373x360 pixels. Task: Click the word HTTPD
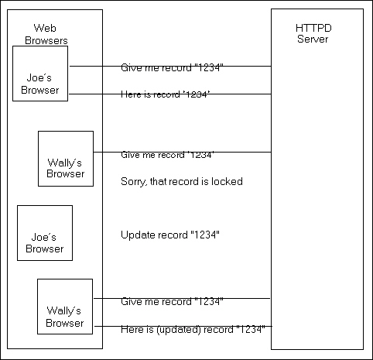tap(313, 28)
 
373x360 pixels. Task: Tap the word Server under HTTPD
tap(313, 39)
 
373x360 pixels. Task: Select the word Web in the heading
tap(45, 28)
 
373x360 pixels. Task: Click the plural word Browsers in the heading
tap(46, 40)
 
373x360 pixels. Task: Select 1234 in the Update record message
tap(205, 235)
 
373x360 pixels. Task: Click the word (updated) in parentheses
tap(179, 330)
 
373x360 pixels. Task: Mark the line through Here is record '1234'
tap(170, 94)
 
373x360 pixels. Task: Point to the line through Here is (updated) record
tap(183, 327)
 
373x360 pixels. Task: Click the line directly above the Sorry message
tap(182, 153)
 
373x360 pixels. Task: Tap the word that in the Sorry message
tap(159, 181)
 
